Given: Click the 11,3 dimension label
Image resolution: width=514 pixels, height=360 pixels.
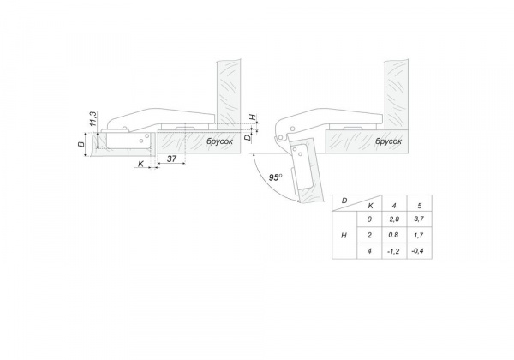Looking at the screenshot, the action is click(x=93, y=119).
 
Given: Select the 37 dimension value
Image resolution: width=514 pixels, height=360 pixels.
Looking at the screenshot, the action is click(x=172, y=159).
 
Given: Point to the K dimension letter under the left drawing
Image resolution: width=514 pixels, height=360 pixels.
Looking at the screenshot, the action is click(x=141, y=163).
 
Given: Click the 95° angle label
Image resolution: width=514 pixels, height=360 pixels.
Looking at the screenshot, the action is click(x=275, y=177).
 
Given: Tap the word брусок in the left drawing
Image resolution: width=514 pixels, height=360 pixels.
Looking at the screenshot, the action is click(x=219, y=141).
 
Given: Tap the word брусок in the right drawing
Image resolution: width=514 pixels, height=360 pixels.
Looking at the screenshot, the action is click(x=388, y=141).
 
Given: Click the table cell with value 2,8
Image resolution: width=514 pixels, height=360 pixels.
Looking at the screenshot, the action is click(x=394, y=219).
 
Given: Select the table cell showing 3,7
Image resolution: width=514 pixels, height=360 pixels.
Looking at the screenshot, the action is click(x=419, y=219).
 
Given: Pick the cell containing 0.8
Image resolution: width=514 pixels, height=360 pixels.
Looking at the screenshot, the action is click(x=394, y=235).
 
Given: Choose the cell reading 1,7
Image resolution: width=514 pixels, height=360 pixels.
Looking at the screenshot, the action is click(x=419, y=235).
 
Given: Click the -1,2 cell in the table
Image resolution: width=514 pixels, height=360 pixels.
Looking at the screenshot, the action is click(x=394, y=251).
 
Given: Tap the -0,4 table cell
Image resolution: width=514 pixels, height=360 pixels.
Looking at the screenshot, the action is click(x=419, y=251).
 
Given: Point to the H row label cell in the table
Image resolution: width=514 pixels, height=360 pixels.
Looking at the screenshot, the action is click(x=344, y=235).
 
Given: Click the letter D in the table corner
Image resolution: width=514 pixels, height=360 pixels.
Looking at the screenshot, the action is click(x=344, y=201).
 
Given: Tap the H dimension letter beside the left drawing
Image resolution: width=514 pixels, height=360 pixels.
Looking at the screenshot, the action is click(x=253, y=117).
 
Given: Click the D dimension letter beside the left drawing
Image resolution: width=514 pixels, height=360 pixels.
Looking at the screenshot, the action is click(x=248, y=137).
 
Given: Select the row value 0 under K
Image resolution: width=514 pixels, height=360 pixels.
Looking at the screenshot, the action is click(x=369, y=219).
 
